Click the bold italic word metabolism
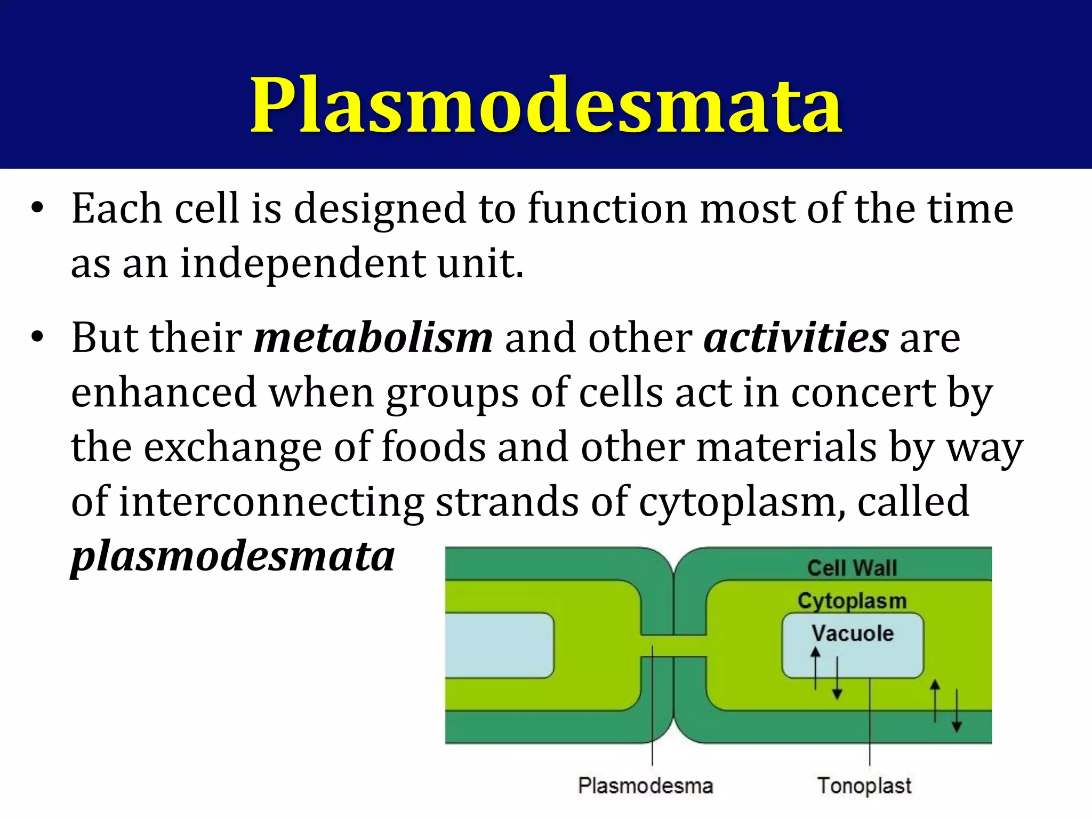[373, 338]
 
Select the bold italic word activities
[796, 338]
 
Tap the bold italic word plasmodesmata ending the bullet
[233, 556]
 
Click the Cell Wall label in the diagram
[852, 568]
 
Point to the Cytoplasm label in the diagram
[852, 601]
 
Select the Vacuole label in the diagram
[852, 633]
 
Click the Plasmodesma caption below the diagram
[645, 786]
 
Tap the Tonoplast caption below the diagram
[864, 786]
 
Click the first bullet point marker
[36, 208]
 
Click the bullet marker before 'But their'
[36, 338]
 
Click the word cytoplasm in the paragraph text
[741, 503]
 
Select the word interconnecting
[271, 502]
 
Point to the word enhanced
[164, 392]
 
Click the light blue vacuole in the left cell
[499, 645]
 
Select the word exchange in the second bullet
[232, 448]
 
